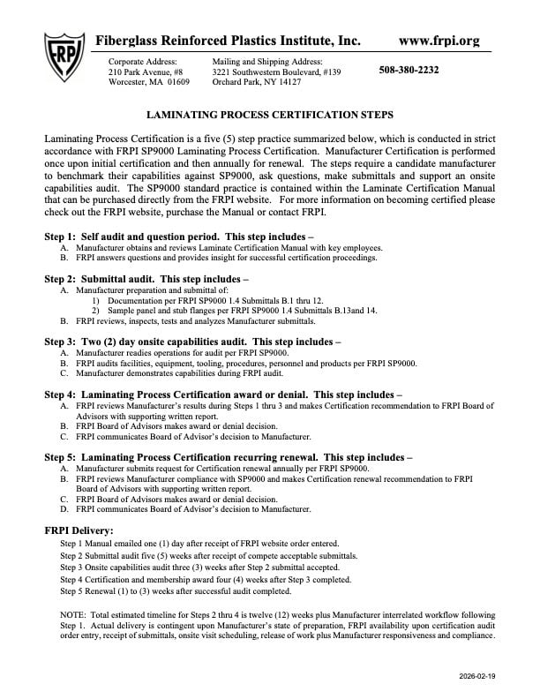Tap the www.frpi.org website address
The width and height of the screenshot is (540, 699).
439,41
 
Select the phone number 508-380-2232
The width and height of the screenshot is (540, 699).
421,71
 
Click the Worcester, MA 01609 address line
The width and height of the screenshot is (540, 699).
148,82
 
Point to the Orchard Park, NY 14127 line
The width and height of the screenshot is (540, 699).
257,82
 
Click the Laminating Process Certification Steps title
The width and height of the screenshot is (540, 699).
269,115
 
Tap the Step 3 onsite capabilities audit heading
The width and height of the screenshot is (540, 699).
192,340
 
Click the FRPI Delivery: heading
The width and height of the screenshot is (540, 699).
79,530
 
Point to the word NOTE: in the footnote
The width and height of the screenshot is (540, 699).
74,613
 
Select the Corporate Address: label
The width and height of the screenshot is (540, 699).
142,61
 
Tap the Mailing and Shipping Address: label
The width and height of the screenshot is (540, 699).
267,61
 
